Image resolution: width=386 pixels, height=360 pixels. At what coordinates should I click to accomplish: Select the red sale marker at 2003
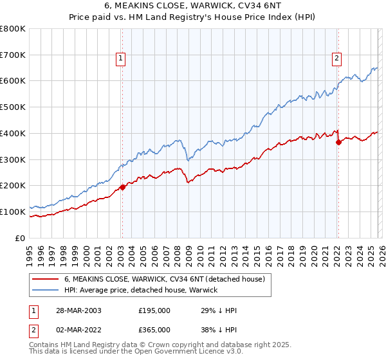pyautogui.click(x=122, y=188)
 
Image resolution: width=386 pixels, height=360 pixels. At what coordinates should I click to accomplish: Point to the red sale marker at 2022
pyautogui.click(x=338, y=143)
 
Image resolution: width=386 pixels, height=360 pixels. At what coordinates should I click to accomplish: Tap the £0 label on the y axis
pyautogui.click(x=20, y=238)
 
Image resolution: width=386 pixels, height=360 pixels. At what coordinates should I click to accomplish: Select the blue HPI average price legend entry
pyautogui.click(x=141, y=290)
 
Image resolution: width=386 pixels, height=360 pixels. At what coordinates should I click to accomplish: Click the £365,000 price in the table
pyautogui.click(x=154, y=332)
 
